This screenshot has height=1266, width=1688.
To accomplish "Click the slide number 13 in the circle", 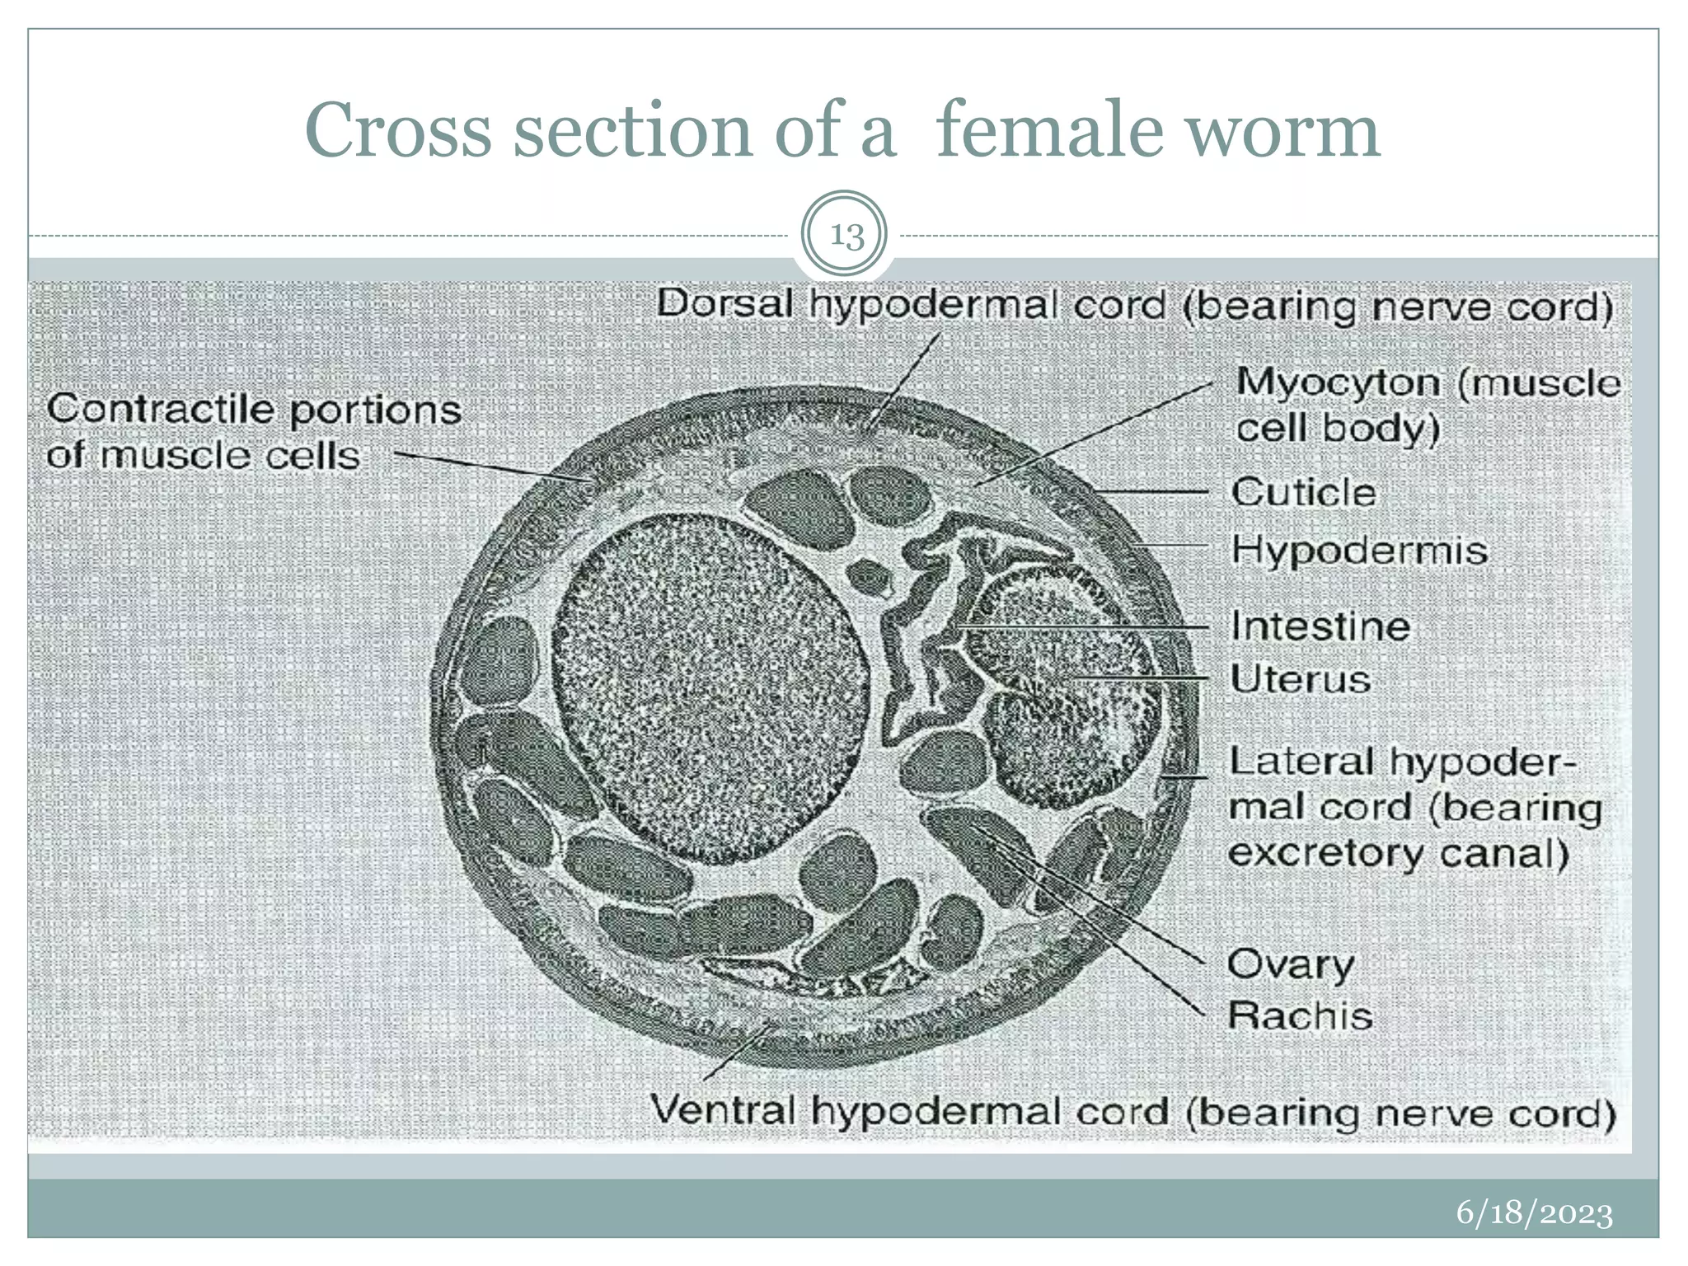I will (846, 236).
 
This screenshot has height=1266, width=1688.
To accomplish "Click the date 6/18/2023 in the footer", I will (1534, 1213).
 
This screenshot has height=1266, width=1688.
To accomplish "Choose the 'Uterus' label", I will (1301, 679).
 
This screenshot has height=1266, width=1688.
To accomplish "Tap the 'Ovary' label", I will (1291, 964).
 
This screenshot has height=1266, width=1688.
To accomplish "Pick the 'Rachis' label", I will (1300, 1015).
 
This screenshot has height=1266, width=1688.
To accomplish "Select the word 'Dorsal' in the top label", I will (724, 303).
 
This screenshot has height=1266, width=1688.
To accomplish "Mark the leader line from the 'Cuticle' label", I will (1154, 492).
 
